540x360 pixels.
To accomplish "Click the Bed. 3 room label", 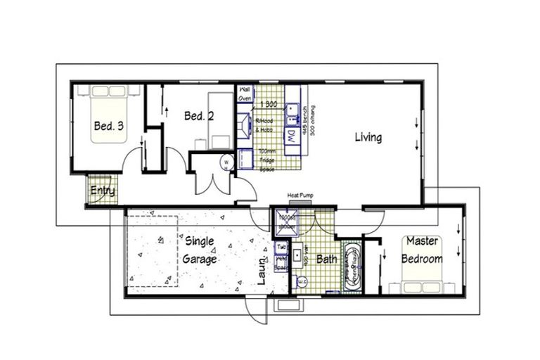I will click(108, 127).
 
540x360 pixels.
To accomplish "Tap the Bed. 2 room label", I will click(199, 116).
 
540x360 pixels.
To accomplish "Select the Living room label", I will click(368, 137).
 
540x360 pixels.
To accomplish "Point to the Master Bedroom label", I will click(422, 250).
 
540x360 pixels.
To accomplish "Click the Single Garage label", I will click(200, 250).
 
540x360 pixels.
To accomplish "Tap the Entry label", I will click(103, 191).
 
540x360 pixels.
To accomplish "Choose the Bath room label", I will click(326, 259).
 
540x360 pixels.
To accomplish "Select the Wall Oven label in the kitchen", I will click(245, 94).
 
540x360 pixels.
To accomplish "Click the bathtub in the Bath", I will click(352, 266).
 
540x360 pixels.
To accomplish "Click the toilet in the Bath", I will click(303, 281).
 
